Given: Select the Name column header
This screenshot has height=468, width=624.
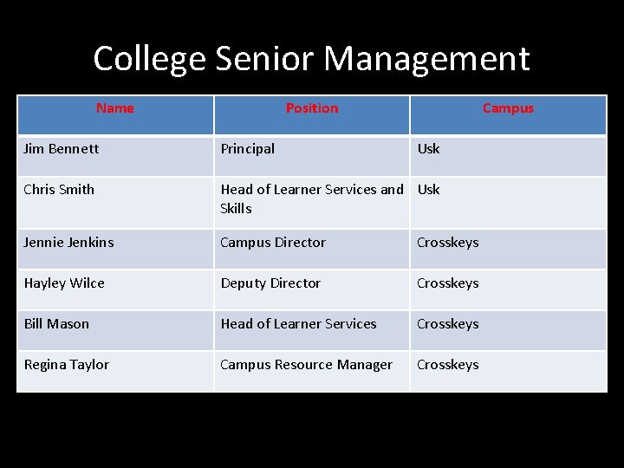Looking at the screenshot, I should (x=115, y=108).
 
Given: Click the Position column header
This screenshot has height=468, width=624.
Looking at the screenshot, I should (x=312, y=108).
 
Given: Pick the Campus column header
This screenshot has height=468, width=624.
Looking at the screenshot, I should (x=508, y=108).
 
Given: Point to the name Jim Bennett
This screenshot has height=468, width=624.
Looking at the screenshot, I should (x=61, y=148).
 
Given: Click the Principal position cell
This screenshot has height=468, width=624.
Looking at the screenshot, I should (x=248, y=148).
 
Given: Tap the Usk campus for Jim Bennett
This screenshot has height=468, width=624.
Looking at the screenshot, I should (x=428, y=148).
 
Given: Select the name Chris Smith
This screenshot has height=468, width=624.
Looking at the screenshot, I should (x=59, y=189).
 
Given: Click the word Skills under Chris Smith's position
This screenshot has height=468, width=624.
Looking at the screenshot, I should (x=236, y=208).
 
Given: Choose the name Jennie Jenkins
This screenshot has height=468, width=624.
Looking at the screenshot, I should (x=68, y=243).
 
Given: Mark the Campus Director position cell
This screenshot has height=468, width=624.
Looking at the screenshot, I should (x=273, y=243).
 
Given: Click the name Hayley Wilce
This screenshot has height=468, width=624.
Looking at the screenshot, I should (x=64, y=283).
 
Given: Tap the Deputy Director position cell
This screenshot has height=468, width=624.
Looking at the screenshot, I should (x=270, y=283).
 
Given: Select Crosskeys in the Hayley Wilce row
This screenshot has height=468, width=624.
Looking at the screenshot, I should (x=447, y=283).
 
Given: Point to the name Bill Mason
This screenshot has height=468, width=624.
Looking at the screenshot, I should (x=56, y=323).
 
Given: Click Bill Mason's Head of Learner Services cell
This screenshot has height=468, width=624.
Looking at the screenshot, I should (x=298, y=323).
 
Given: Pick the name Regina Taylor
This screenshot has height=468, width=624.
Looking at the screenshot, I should (x=67, y=364).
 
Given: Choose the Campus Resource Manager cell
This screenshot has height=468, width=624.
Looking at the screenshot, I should (x=306, y=364).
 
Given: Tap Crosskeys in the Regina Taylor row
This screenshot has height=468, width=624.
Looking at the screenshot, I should (x=447, y=364).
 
